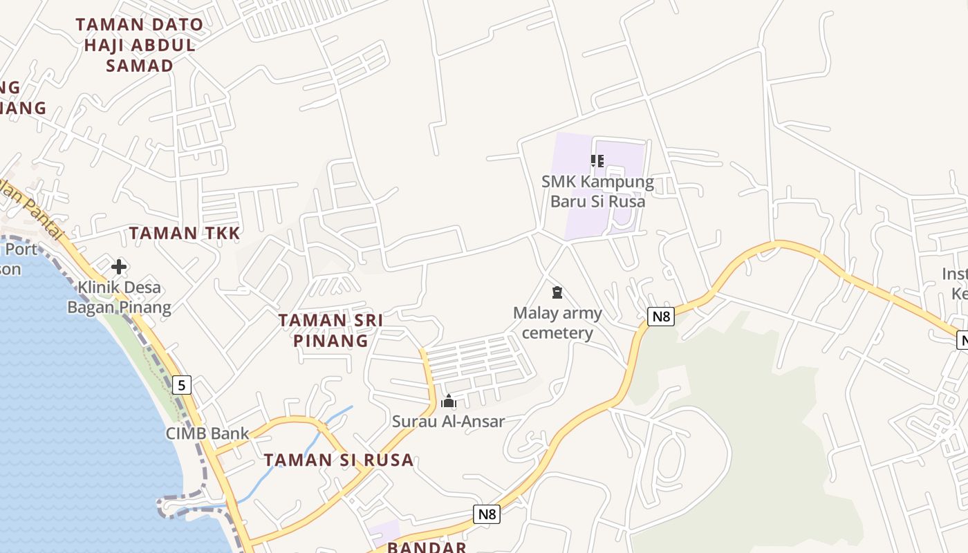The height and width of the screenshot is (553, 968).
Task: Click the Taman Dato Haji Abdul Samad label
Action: [139, 46]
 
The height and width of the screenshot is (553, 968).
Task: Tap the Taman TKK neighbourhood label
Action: [185, 234]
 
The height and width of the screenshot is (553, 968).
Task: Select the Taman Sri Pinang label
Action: [331, 330]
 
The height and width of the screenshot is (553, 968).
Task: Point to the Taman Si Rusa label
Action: [339, 460]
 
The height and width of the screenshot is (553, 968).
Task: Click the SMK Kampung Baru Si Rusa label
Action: [597, 192]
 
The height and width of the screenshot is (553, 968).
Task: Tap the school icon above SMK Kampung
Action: [597, 162]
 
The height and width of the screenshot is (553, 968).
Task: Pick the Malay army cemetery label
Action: [557, 323]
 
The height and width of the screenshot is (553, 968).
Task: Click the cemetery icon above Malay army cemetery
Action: [557, 293]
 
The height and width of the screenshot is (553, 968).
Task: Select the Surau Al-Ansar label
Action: [448, 421]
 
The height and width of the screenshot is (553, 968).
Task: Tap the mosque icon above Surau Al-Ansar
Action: [449, 401]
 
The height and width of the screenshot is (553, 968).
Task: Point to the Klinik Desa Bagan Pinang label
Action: [119, 297]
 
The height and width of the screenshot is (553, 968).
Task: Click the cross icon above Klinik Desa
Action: [119, 266]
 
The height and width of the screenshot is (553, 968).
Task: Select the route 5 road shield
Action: [181, 385]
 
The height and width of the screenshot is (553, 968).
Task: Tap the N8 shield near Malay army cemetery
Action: [661, 317]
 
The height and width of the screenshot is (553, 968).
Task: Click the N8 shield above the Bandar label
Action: [487, 514]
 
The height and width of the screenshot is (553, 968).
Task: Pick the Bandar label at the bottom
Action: [427, 547]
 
